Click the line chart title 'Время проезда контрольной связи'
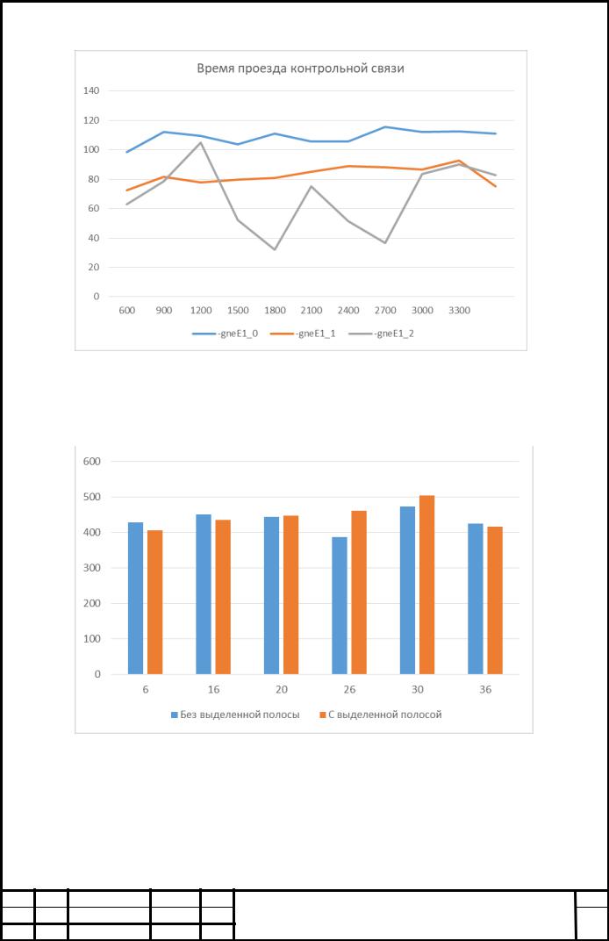(x=300, y=68)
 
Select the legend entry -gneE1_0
(x=225, y=334)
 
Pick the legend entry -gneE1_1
(x=303, y=334)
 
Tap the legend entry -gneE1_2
(x=381, y=334)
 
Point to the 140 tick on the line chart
(x=91, y=90)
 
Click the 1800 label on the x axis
(x=275, y=310)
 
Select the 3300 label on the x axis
(x=460, y=310)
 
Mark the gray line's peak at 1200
(x=201, y=142)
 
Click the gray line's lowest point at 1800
(x=275, y=249)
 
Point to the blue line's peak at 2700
(x=385, y=127)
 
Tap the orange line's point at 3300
(x=459, y=161)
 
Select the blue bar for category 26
(x=340, y=606)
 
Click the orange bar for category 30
(x=426, y=585)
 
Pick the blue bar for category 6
(x=136, y=599)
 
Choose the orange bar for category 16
(x=223, y=597)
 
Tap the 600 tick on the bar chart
(x=92, y=462)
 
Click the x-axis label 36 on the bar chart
(x=485, y=690)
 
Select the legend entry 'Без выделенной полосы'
(x=235, y=715)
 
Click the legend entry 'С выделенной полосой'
(x=380, y=715)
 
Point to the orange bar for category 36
(x=494, y=600)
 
